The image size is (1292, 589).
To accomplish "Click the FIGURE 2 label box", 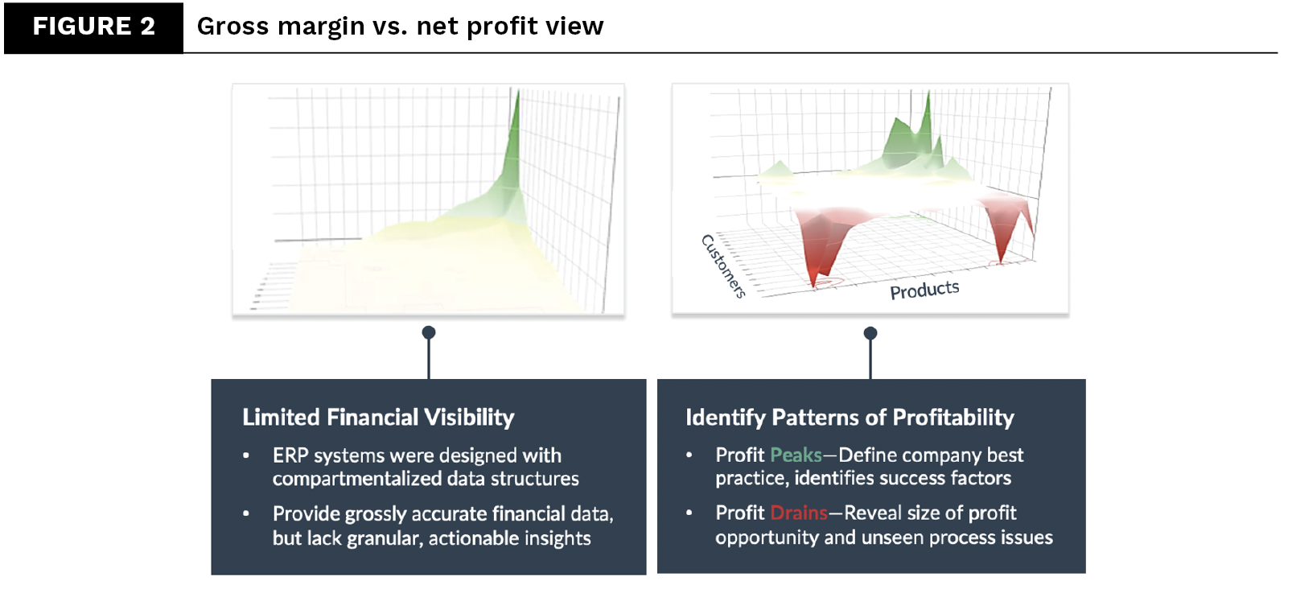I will (x=93, y=27).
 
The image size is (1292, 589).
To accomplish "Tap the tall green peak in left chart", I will (x=513, y=137).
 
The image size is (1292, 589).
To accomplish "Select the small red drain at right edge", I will (x=1002, y=237).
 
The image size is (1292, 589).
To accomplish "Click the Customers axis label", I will (x=723, y=266).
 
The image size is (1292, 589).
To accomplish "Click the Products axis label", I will (x=924, y=290).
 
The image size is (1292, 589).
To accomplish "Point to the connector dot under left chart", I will (x=429, y=332).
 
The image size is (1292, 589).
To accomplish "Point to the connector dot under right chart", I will (x=870, y=333).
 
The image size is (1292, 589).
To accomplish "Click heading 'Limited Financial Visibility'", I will (x=378, y=417).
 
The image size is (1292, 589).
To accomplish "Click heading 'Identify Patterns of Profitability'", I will (x=850, y=417).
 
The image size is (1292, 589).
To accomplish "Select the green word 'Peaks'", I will (x=796, y=455).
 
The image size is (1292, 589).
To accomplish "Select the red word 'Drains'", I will (x=798, y=513).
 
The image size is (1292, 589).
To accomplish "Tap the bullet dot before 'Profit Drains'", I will (x=689, y=513).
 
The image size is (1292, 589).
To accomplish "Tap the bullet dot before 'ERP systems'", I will (x=246, y=455).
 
